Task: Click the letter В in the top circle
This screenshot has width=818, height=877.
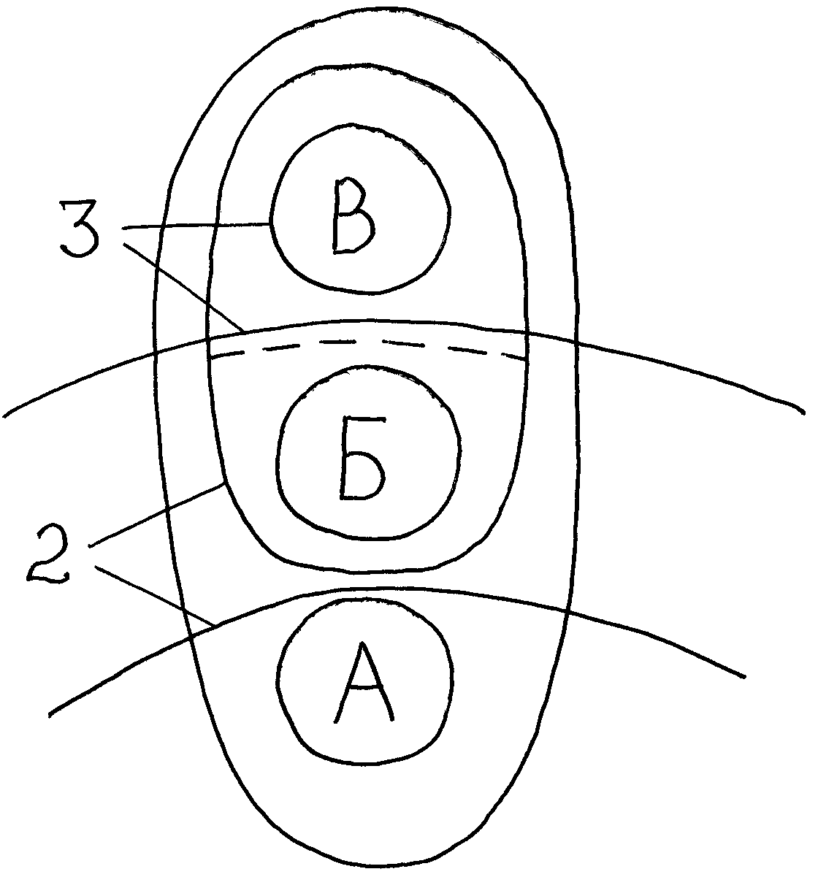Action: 353,216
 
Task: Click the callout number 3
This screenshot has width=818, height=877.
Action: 80,229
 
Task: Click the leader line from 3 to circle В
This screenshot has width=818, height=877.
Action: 196,226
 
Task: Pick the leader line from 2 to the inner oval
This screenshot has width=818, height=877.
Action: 156,516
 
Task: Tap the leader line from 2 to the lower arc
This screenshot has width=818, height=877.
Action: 155,596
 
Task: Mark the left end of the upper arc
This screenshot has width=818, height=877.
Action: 4,416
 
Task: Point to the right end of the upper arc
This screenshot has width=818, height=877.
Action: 803,413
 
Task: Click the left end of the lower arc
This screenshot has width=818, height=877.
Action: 50,714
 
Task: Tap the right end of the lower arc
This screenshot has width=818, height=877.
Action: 745,676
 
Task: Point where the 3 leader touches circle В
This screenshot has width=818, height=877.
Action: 271,224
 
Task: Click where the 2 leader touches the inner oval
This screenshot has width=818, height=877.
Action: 225,484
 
